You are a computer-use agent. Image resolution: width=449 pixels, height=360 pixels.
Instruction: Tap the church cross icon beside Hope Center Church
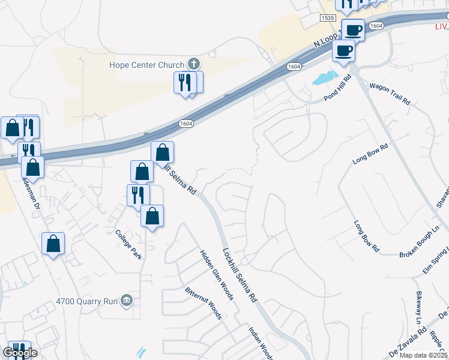point(193,63)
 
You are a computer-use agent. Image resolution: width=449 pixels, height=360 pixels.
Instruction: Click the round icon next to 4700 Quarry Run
point(126,300)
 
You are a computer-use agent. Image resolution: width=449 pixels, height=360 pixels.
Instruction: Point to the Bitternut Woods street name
point(204,302)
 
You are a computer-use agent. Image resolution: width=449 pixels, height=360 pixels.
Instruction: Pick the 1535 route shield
point(328,19)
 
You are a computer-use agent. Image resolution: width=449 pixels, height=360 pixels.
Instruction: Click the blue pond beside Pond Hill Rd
point(325,77)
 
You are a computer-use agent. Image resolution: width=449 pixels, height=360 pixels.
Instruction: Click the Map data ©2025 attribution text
point(423,355)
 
